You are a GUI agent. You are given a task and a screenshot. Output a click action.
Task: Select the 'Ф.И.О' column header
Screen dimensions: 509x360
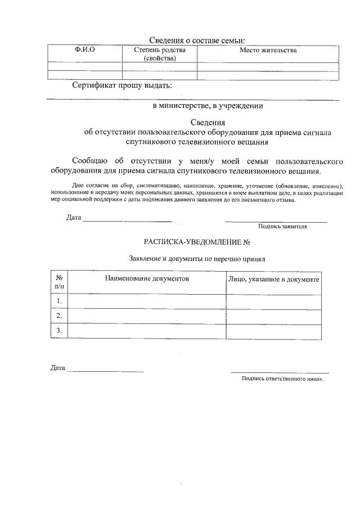click(x=85, y=51)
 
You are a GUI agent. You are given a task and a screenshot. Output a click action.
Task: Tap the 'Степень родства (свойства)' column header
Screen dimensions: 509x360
click(x=159, y=54)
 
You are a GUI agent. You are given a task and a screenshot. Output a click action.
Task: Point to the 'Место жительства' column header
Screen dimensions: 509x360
click(x=268, y=51)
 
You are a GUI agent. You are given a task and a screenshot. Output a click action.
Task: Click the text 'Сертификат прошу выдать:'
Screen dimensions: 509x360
click(x=122, y=86)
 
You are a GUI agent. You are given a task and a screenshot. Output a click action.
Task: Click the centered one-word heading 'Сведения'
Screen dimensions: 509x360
click(x=208, y=123)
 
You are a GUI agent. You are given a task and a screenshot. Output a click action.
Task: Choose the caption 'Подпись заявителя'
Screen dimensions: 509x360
click(x=282, y=227)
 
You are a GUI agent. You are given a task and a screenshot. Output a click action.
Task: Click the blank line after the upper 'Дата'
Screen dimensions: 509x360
click(x=127, y=220)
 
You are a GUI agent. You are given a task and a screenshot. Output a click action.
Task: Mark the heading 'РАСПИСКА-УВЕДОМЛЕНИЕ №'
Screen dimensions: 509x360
click(x=196, y=242)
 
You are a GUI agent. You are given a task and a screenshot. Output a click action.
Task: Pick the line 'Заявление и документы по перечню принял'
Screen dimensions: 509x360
click(x=196, y=259)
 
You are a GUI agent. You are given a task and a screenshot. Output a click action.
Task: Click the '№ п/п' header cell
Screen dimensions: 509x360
click(x=59, y=282)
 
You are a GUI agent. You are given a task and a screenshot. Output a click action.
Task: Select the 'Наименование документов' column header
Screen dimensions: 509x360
click(x=146, y=278)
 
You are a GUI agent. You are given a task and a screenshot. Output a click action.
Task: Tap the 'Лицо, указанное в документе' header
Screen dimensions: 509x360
click(x=274, y=279)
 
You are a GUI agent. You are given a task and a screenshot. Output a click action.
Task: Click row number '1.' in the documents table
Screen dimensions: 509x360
click(x=59, y=302)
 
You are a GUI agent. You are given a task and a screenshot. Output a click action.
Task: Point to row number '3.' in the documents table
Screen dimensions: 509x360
click(x=59, y=331)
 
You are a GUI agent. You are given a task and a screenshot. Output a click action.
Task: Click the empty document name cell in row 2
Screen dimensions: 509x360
click(x=146, y=317)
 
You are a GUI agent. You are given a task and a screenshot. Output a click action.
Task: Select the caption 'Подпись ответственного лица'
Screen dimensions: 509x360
click(x=281, y=379)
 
